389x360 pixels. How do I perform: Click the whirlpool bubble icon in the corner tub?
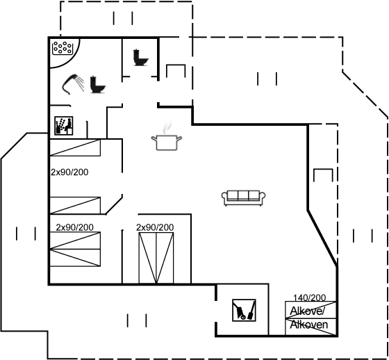(63, 48)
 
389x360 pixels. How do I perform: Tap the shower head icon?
(73, 84)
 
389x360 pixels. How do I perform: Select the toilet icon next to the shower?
(97, 85)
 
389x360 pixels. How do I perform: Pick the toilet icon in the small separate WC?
(140, 58)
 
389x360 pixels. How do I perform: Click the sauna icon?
(64, 126)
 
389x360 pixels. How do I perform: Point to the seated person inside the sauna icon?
(68, 124)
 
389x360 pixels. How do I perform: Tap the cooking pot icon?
(167, 142)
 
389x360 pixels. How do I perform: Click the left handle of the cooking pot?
(154, 138)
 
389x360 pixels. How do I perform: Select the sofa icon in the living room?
(243, 198)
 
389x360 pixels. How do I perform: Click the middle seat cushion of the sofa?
(243, 195)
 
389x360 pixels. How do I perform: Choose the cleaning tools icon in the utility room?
(244, 311)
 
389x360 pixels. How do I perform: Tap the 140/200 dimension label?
(310, 297)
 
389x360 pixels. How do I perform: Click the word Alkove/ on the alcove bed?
(307, 311)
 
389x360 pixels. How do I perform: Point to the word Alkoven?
(309, 325)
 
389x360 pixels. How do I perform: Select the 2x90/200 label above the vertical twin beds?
(155, 227)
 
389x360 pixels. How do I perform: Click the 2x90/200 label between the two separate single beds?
(69, 172)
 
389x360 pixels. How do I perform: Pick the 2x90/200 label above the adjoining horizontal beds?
(75, 227)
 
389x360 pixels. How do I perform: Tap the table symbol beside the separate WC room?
(176, 71)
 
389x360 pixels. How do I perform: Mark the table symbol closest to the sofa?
(323, 175)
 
